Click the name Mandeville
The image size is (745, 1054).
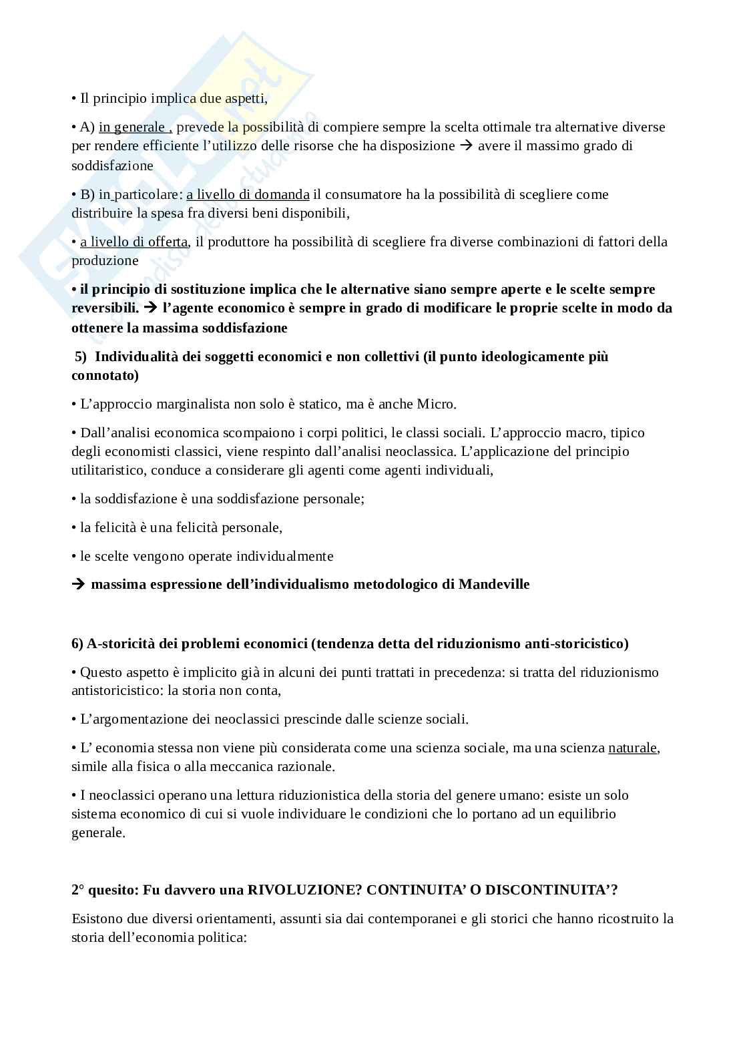(494, 585)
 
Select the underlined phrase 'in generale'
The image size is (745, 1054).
(132, 127)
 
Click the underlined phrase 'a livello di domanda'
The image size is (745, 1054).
(248, 194)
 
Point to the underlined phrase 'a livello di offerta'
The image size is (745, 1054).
(134, 242)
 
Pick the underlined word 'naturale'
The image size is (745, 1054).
(632, 748)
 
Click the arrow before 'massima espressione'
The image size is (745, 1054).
(78, 585)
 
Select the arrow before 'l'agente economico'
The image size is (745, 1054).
(150, 308)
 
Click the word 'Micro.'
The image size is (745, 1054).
(437, 404)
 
